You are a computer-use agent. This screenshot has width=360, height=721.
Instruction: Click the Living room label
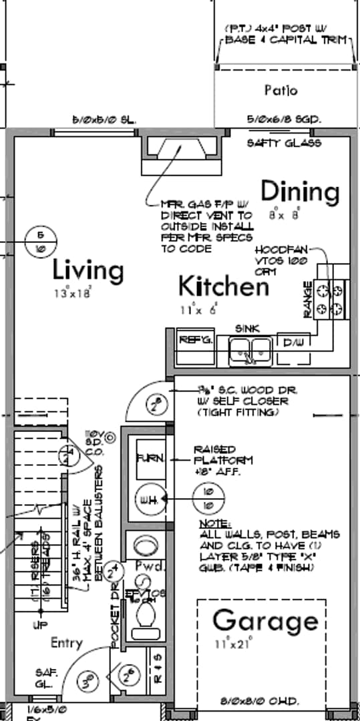point(88,271)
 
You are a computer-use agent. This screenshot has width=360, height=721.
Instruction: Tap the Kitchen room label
point(224,286)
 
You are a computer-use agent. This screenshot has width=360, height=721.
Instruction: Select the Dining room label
point(300,192)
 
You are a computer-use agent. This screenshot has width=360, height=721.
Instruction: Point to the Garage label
point(265,621)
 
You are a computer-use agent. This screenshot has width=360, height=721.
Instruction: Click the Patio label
point(281,90)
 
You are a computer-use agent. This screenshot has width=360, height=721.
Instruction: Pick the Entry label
point(67,643)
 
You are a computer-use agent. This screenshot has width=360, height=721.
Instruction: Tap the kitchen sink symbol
point(249,348)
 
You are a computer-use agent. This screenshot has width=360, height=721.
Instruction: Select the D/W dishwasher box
point(293,341)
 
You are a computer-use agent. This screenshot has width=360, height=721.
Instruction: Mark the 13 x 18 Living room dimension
point(73,292)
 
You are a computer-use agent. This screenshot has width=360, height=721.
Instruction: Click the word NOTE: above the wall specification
point(215,524)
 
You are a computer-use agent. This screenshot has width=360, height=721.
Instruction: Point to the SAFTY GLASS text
point(284,143)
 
